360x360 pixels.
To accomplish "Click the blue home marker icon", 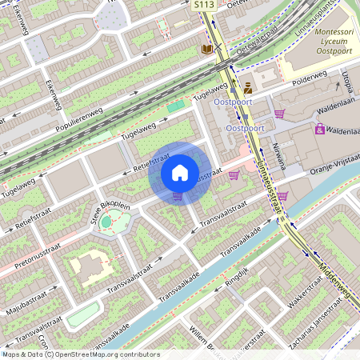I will (180, 173).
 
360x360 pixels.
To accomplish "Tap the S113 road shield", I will (205, 5).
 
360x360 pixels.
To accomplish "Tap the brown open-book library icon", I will (206, 50).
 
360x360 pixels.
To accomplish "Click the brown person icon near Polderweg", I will (247, 88).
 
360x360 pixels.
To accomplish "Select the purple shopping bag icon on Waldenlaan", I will (319, 128).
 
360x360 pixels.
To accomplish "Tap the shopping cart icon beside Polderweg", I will (278, 114).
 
